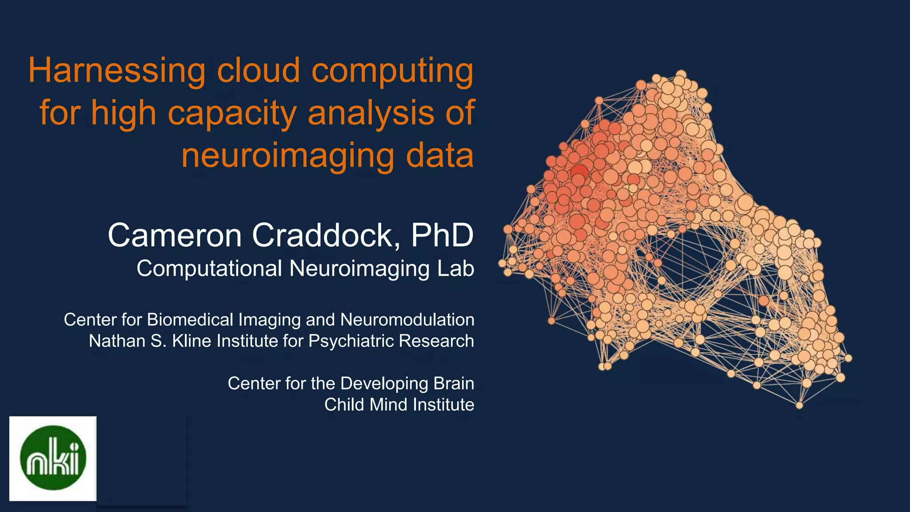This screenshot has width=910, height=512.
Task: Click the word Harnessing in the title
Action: click(x=116, y=71)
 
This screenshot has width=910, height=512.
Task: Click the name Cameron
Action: click(x=175, y=235)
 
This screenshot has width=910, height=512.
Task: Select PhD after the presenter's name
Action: click(x=442, y=235)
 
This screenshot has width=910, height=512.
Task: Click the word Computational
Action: click(x=209, y=268)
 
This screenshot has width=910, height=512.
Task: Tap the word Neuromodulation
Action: click(x=407, y=320)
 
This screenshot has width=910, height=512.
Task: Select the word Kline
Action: click(x=192, y=341)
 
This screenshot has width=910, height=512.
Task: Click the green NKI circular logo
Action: click(x=53, y=458)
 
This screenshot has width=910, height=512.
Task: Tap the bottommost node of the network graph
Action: click(x=799, y=405)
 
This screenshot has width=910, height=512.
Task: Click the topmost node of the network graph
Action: click(x=681, y=74)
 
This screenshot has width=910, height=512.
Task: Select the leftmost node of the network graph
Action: click(x=502, y=263)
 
